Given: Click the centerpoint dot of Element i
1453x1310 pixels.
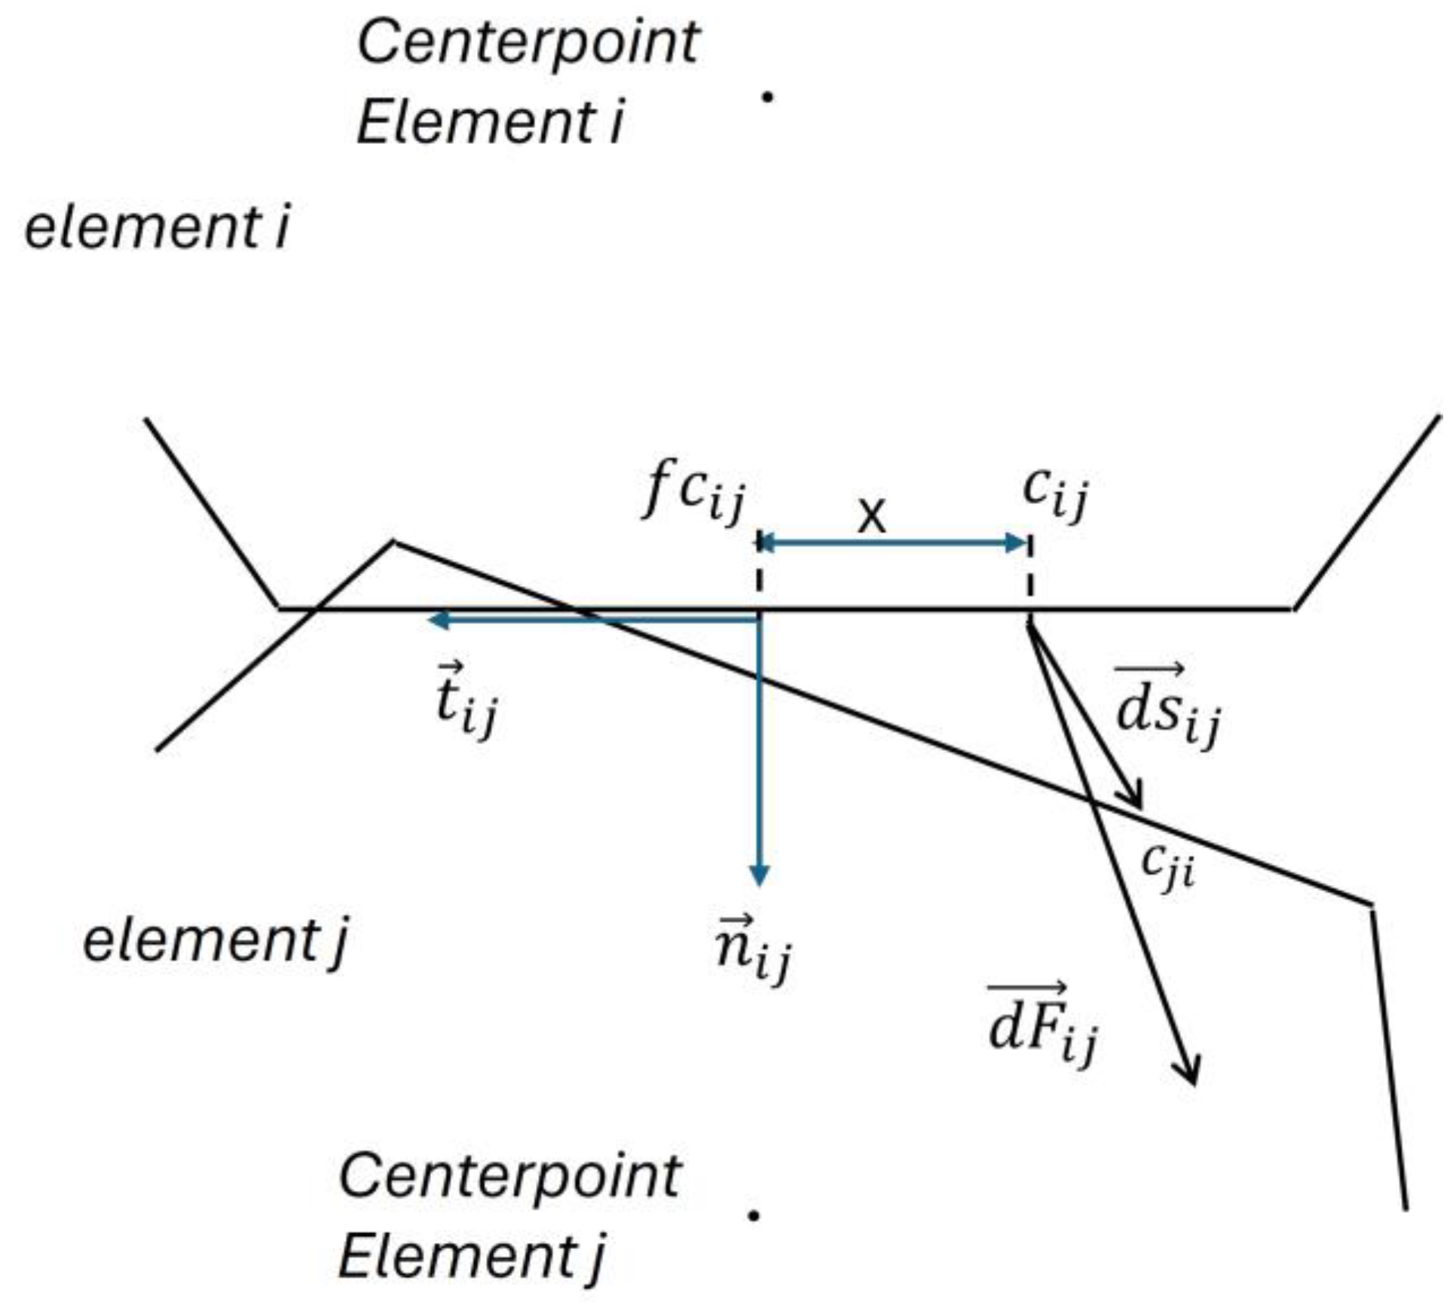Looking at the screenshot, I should pos(767,96).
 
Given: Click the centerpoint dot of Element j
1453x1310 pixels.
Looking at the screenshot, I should pos(753,1215).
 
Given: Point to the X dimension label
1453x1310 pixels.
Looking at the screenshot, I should pos(872,518).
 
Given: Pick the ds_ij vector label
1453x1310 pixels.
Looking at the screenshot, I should pos(1167,708).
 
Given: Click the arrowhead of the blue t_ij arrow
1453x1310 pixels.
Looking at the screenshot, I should pos(437,621).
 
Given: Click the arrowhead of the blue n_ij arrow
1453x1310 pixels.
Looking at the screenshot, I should pos(760,875).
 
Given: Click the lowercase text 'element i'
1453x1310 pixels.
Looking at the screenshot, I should pos(157,227).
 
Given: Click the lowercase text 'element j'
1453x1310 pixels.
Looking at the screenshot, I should pos(215,942).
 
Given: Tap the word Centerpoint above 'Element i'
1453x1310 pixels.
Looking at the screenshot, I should pos(528,43).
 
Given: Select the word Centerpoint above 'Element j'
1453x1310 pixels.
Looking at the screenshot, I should pos(510,1176).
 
